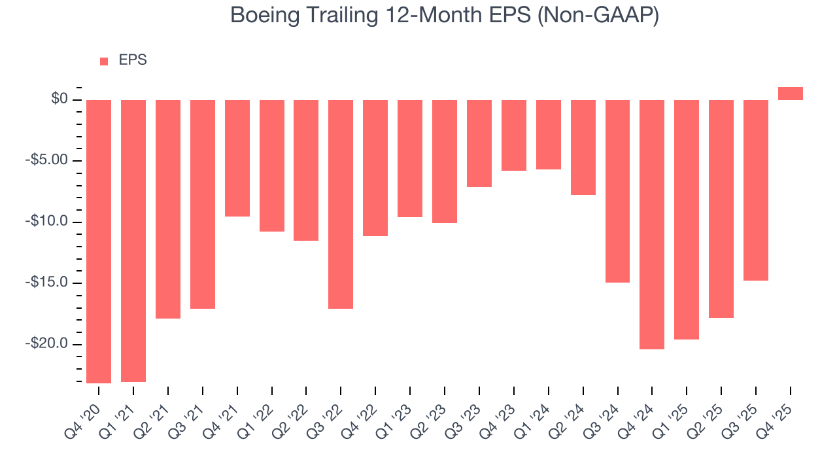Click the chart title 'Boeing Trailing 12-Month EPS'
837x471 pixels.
(x=445, y=16)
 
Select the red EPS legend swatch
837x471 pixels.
(x=104, y=61)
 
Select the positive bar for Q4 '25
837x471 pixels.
(x=790, y=94)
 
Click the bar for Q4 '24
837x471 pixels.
(x=652, y=224)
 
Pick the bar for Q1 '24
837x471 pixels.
(x=549, y=135)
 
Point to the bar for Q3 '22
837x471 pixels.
(x=341, y=204)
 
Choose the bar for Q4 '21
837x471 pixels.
(x=237, y=158)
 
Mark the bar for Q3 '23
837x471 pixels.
(x=479, y=143)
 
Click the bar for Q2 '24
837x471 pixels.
(x=583, y=147)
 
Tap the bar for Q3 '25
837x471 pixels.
(x=755, y=190)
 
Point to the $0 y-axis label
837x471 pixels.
(x=60, y=99)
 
